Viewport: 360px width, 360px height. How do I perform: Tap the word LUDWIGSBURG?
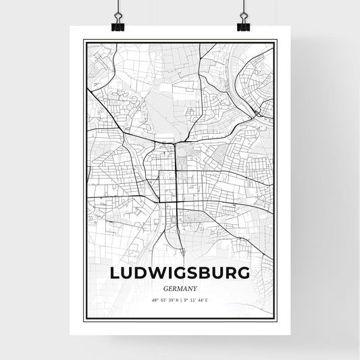click(180, 272)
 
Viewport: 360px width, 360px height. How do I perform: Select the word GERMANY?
click(180, 288)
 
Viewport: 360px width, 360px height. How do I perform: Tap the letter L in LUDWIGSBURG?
click(113, 272)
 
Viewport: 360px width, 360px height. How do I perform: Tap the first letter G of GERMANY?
click(167, 288)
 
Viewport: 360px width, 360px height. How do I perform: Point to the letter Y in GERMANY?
click(194, 288)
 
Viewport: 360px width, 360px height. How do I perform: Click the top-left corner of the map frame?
click(84, 41)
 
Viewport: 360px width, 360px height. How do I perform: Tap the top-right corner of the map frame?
click(276, 41)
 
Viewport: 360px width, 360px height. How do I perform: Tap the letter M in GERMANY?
click(180, 288)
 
